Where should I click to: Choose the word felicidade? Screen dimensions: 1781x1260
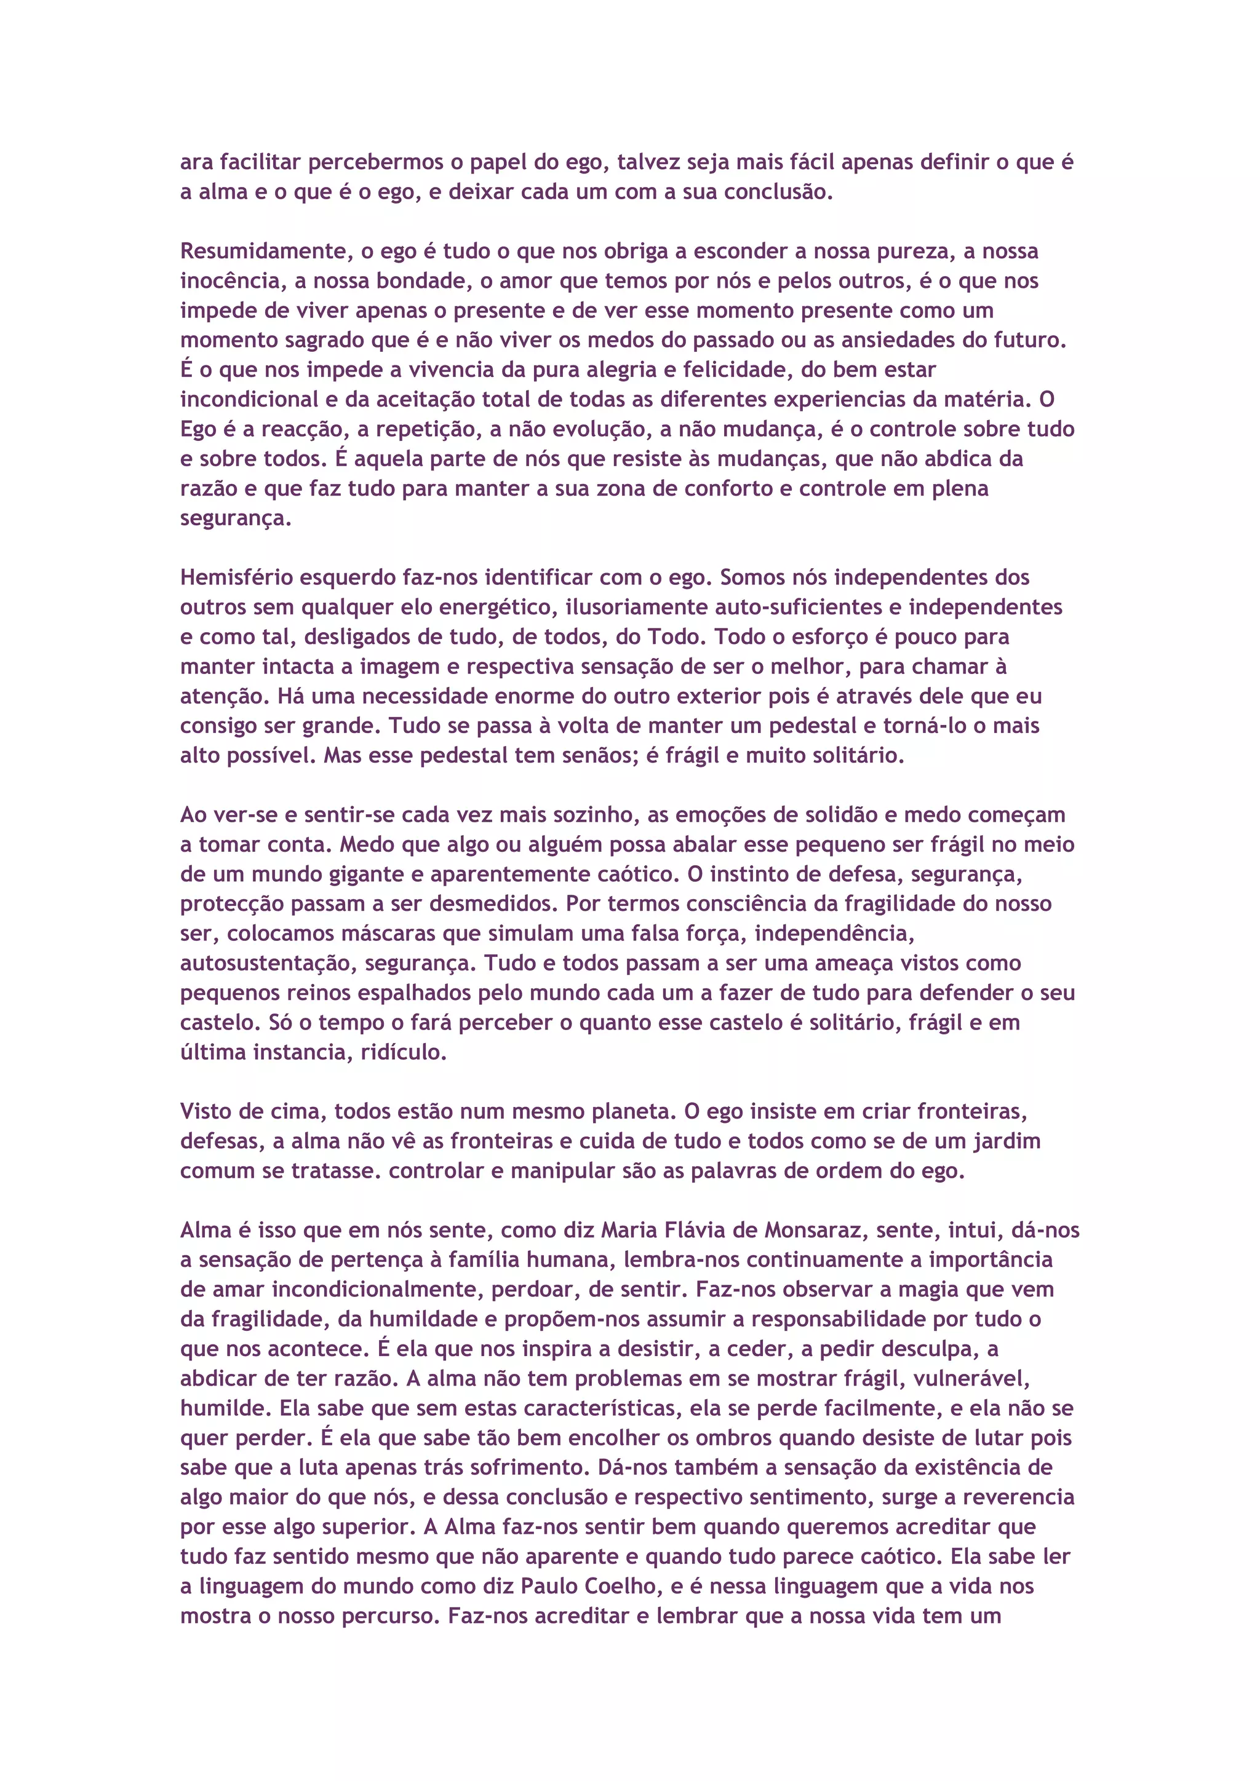tap(737, 370)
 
